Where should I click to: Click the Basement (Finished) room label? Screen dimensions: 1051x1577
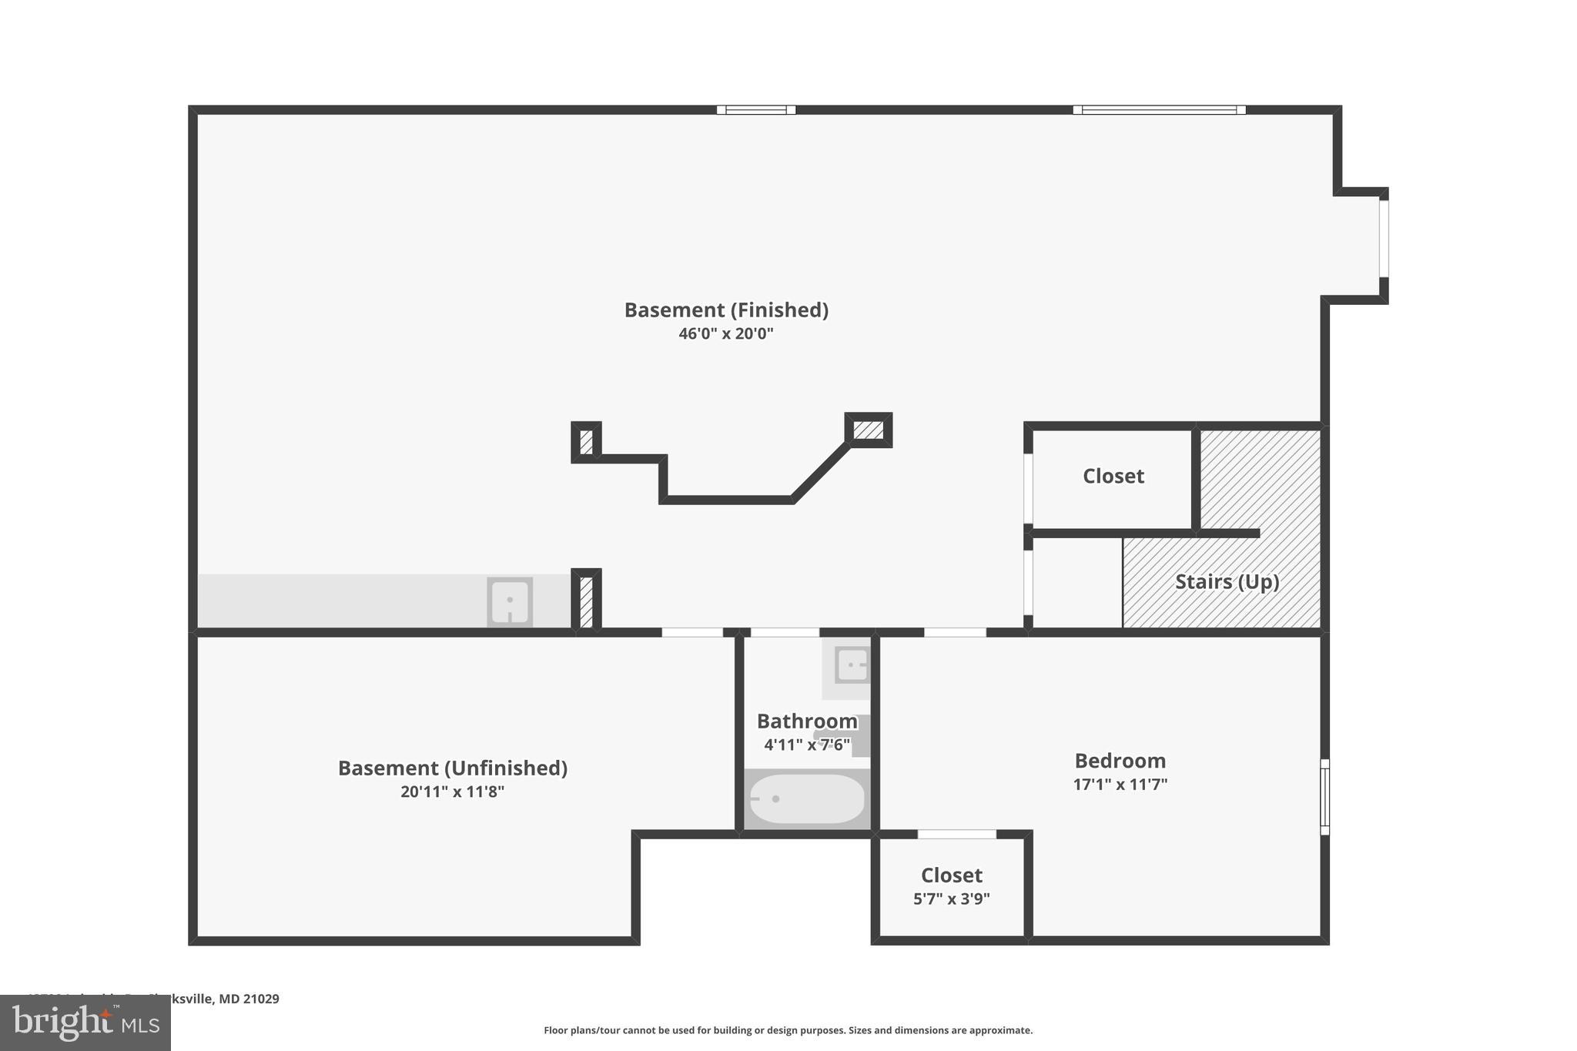click(726, 310)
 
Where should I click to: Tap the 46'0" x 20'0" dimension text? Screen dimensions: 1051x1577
click(725, 333)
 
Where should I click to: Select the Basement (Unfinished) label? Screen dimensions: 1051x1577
click(453, 768)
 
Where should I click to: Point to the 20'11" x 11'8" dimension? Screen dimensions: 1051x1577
click(452, 792)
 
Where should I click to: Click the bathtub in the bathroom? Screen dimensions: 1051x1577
click(807, 799)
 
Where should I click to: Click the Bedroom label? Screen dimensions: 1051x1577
click(1120, 761)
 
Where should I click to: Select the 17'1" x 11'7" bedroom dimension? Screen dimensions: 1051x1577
click(1120, 785)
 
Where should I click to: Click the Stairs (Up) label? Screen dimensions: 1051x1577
click(1227, 581)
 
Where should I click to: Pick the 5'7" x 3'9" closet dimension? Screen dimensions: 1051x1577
click(952, 899)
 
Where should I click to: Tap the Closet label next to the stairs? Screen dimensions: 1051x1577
click(1113, 476)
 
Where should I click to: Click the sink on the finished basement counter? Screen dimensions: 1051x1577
click(510, 601)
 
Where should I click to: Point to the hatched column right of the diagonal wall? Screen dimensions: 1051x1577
click(869, 430)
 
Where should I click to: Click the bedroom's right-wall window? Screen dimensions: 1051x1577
click(1324, 797)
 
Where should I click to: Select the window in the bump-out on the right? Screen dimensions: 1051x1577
click(1383, 239)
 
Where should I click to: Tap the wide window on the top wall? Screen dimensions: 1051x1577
click(1159, 110)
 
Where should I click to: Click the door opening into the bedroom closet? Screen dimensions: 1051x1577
click(956, 834)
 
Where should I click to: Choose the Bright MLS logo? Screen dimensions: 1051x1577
click(85, 1023)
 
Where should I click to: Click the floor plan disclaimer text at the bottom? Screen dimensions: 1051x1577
click(788, 1030)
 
